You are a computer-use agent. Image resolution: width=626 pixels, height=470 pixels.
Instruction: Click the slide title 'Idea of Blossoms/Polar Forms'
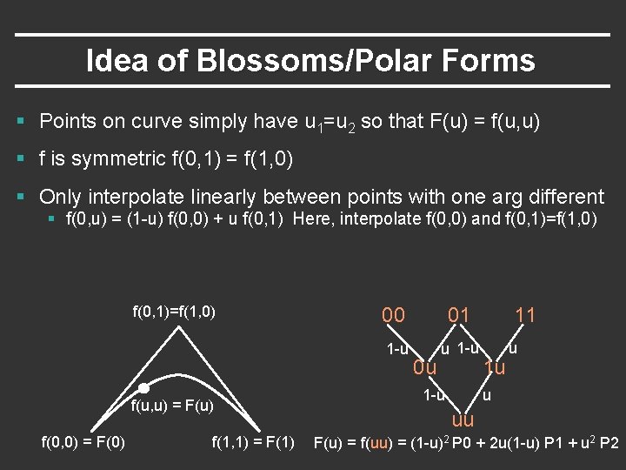[310, 61]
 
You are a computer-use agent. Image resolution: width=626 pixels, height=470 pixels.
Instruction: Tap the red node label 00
[393, 315]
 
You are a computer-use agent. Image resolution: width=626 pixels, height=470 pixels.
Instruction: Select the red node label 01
[458, 315]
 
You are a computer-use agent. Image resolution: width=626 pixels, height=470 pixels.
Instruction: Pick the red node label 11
[525, 315]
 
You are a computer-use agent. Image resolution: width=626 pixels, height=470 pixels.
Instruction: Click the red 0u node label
[425, 367]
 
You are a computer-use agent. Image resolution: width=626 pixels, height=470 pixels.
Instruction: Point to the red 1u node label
[495, 367]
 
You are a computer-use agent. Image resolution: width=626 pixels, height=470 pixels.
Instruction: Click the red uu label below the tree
[463, 421]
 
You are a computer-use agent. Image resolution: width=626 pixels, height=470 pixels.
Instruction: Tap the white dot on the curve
[144, 388]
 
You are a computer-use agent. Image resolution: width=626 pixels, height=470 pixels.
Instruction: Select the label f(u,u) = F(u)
[172, 406]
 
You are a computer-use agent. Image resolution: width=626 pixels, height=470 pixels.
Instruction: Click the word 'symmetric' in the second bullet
[115, 158]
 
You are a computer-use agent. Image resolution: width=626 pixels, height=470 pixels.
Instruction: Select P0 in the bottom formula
[455, 443]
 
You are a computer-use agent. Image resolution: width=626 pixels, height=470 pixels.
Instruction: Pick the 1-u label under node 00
[396, 349]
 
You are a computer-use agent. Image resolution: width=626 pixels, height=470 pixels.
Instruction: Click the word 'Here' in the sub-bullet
[311, 218]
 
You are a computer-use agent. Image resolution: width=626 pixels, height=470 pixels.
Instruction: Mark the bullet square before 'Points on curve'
[26, 121]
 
